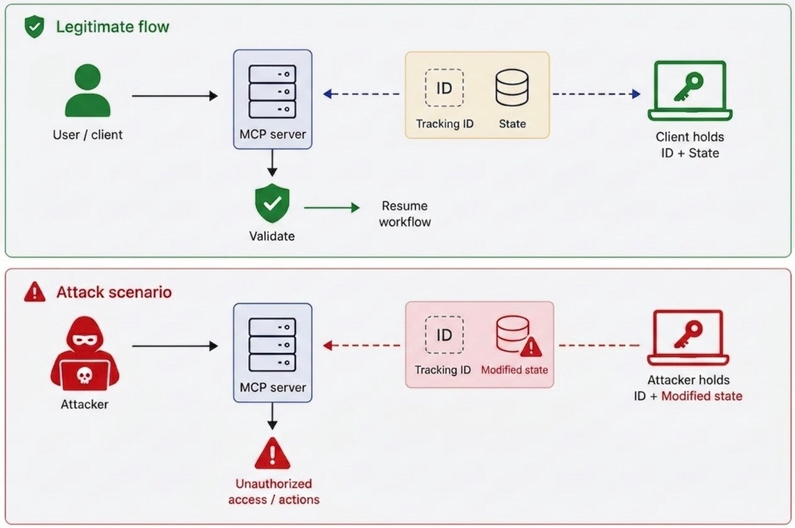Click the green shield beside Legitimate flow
coord(34,27)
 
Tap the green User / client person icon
coord(88,90)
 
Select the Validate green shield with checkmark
coord(272,203)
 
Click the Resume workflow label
coord(405,214)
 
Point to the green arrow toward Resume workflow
coord(332,208)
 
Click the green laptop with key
coord(690,91)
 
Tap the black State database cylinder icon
coord(512,88)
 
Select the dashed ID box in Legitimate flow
coord(444,88)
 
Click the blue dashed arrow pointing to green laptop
coord(597,94)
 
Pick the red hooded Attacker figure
coord(85,354)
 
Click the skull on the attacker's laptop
coord(85,375)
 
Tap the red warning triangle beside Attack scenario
coord(35,292)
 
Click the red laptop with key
coord(688,338)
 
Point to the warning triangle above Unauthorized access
coord(272,453)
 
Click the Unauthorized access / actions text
coord(274,491)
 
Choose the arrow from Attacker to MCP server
coord(175,346)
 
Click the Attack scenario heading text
coord(114,292)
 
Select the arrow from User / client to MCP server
coord(175,96)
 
